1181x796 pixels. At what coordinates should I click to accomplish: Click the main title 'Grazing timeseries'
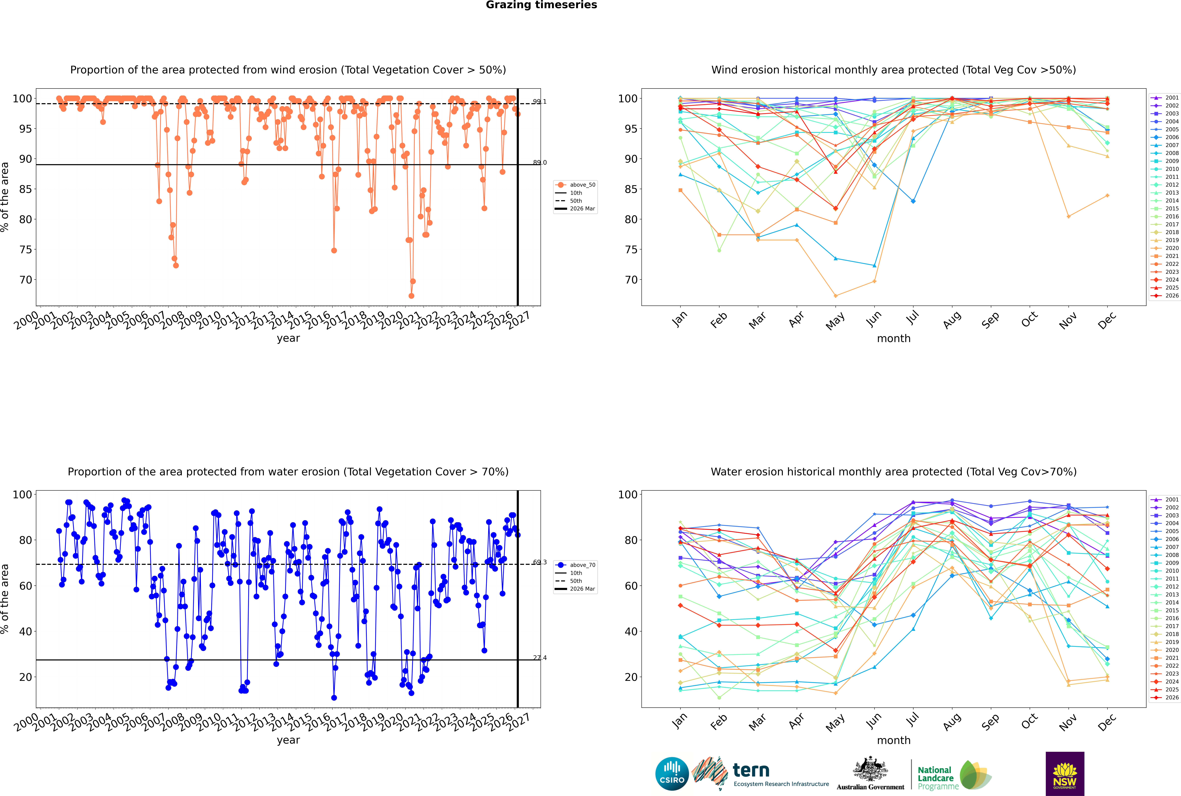tap(541, 5)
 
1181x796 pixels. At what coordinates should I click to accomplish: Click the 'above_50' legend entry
tap(575, 185)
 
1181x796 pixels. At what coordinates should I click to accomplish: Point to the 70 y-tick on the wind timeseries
tap(25, 280)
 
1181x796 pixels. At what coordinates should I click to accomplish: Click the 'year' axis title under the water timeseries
tap(288, 740)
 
